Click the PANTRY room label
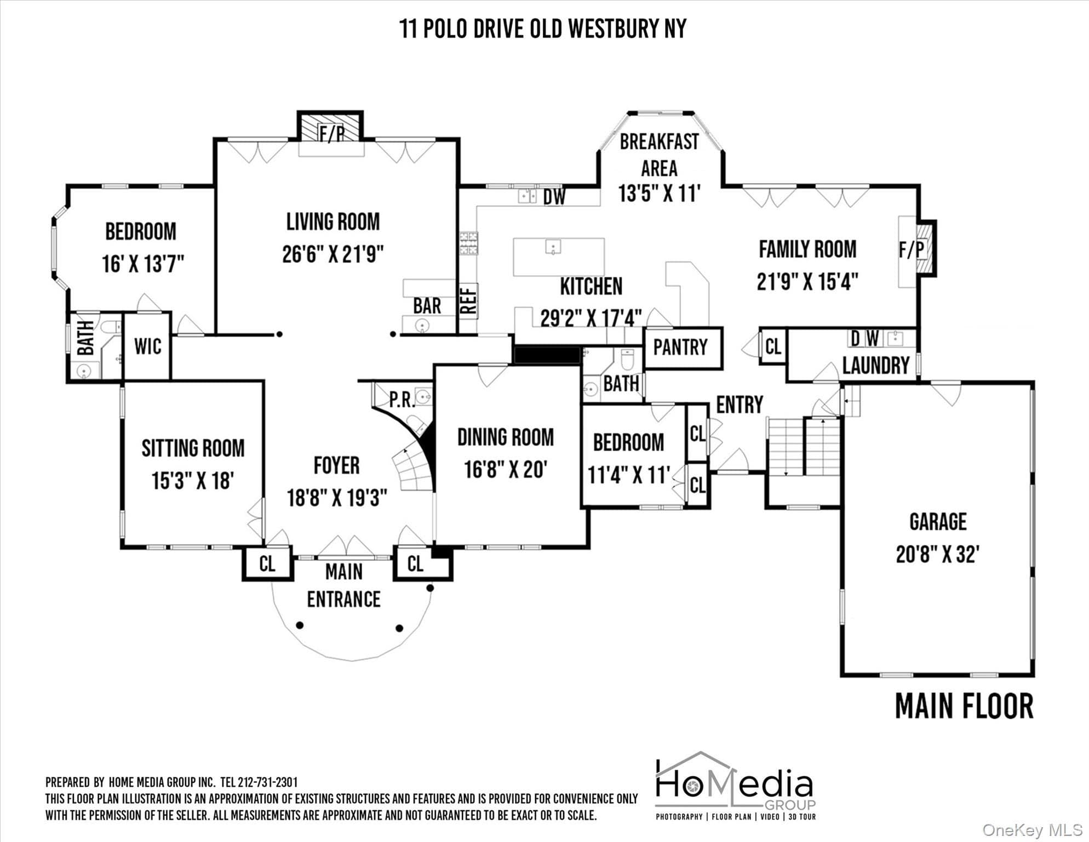click(x=680, y=347)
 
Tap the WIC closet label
click(x=147, y=346)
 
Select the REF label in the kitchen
click(x=469, y=301)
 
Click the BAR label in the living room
click(x=427, y=306)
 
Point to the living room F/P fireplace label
click(x=331, y=134)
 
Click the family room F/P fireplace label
click(x=912, y=250)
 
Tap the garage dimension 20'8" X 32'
click(x=938, y=554)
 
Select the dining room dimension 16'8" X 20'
click(x=506, y=469)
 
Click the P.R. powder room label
click(x=403, y=400)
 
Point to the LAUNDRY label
click(x=875, y=366)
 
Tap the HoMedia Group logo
click(x=736, y=785)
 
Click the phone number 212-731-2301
click(x=268, y=782)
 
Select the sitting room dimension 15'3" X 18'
click(x=193, y=481)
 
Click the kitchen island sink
click(x=553, y=247)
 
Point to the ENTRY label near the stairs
click(x=740, y=405)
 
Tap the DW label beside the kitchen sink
click(x=554, y=197)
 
